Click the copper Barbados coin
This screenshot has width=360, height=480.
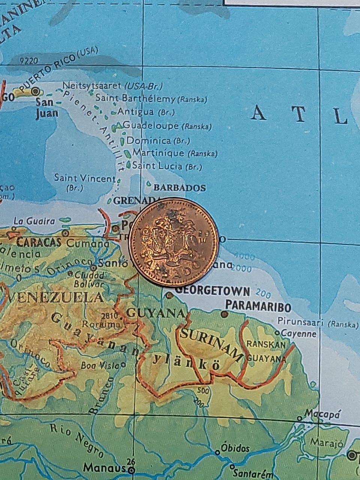[174, 242]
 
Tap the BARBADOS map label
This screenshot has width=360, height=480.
[180, 187]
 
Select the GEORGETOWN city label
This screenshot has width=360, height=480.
[213, 291]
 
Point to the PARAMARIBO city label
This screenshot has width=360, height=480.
[258, 307]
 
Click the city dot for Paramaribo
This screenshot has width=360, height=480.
[224, 313]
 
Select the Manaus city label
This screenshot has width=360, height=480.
[104, 468]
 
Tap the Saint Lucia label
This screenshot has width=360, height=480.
[157, 166]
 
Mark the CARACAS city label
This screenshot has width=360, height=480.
[39, 242]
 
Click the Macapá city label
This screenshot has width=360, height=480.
[322, 414]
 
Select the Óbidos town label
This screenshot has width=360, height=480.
[235, 448]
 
